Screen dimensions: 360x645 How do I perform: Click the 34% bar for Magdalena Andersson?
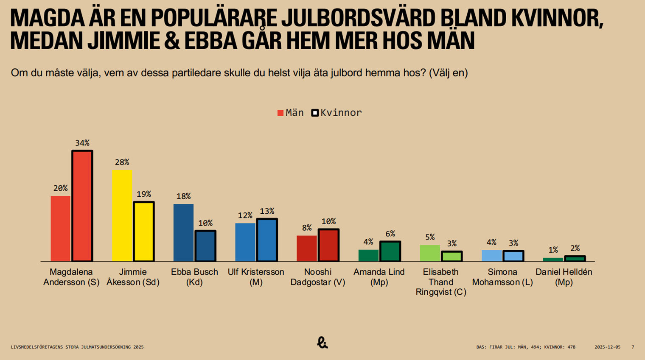point(82,206)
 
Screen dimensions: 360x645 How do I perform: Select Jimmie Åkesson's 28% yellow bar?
point(122,216)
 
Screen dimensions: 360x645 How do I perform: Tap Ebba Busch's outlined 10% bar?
point(205,246)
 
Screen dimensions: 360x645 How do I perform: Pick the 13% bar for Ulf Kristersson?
point(267,240)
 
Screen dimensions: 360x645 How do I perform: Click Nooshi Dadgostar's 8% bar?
point(306,248)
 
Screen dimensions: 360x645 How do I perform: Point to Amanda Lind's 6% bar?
point(390,251)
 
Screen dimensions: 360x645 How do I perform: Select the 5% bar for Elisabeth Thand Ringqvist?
point(430,253)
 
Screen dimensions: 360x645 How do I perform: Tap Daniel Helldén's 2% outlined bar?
point(575,259)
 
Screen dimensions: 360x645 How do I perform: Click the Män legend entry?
point(291,113)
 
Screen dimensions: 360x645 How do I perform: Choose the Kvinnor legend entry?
point(337,113)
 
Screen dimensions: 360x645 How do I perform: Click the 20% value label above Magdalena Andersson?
point(60,188)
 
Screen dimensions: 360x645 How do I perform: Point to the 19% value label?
point(144,194)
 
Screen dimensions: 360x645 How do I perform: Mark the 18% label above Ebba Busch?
point(183,196)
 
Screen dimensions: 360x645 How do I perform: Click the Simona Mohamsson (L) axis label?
point(502,277)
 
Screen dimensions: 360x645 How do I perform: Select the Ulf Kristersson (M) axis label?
point(256,277)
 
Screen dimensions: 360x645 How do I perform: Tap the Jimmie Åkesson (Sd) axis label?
point(133,277)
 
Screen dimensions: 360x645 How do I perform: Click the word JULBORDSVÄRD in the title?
point(359,18)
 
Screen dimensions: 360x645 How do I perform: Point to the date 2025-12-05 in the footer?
point(607,347)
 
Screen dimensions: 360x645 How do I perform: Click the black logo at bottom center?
point(322,343)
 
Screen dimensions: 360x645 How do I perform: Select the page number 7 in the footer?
point(633,347)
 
